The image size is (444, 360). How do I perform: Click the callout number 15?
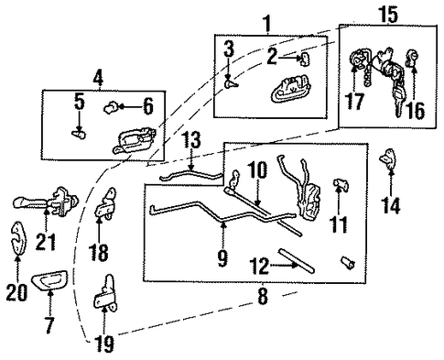tap(388, 14)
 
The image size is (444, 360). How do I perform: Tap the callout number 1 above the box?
tap(267, 24)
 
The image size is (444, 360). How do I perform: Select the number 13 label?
tap(192, 140)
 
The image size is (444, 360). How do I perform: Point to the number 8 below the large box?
tap(263, 296)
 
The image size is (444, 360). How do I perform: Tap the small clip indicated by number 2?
tap(305, 59)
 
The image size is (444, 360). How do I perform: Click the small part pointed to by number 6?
tap(111, 108)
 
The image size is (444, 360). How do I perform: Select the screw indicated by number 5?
tap(79, 134)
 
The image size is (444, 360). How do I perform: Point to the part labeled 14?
tap(388, 158)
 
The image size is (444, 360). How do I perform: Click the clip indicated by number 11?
tap(341, 184)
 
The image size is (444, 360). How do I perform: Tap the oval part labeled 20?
tap(17, 238)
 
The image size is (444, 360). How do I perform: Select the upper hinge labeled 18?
tap(105, 203)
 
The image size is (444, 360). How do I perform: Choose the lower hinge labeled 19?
tap(105, 293)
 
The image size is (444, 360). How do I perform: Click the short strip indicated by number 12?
tap(296, 261)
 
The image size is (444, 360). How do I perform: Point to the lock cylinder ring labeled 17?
tap(357, 59)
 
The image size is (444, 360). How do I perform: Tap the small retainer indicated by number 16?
tap(412, 58)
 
